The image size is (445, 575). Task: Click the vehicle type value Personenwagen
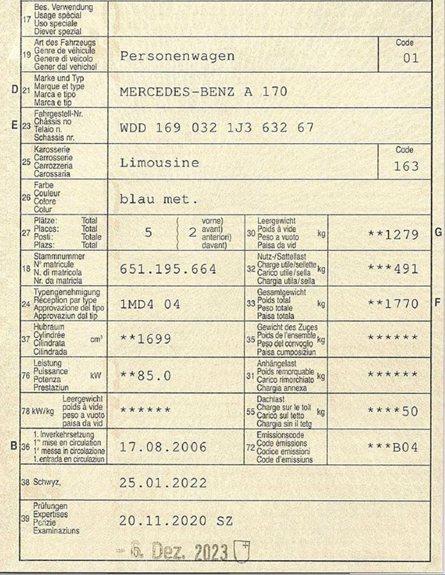(177, 56)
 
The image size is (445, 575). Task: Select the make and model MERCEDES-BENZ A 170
(204, 92)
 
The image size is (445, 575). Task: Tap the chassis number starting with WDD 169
(217, 127)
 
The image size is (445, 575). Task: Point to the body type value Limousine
(160, 163)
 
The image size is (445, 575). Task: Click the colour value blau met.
(159, 200)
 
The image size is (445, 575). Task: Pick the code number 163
(406, 167)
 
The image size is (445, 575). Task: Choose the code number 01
(411, 58)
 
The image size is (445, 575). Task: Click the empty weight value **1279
(393, 234)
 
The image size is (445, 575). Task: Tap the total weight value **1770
(393, 305)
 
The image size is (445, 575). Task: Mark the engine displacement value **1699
(145, 339)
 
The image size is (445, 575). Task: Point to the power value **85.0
(145, 375)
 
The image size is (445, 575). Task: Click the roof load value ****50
(393, 411)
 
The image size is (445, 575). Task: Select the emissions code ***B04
(393, 447)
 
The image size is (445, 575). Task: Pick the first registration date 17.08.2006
(163, 447)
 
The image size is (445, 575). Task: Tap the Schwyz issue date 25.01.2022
(163, 483)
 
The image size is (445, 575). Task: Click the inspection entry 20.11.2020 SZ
(176, 521)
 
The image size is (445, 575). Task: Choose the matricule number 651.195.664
(168, 269)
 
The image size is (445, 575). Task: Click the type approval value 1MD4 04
(150, 305)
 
